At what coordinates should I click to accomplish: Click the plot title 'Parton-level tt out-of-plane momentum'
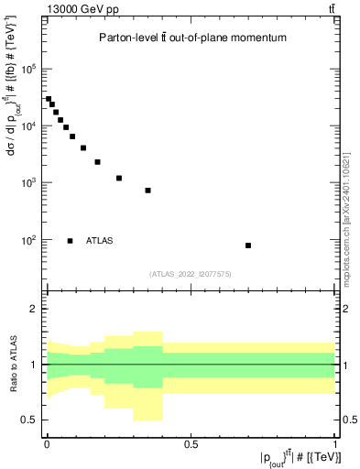(x=192, y=38)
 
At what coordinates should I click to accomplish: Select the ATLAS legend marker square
(x=71, y=241)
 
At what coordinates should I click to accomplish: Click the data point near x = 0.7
(x=248, y=245)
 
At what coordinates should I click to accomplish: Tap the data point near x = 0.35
(x=147, y=191)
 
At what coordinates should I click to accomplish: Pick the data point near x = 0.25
(x=119, y=178)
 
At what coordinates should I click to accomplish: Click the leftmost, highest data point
(x=49, y=99)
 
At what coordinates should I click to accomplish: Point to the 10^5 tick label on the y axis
(x=29, y=69)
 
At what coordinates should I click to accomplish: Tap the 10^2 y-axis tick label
(x=29, y=240)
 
